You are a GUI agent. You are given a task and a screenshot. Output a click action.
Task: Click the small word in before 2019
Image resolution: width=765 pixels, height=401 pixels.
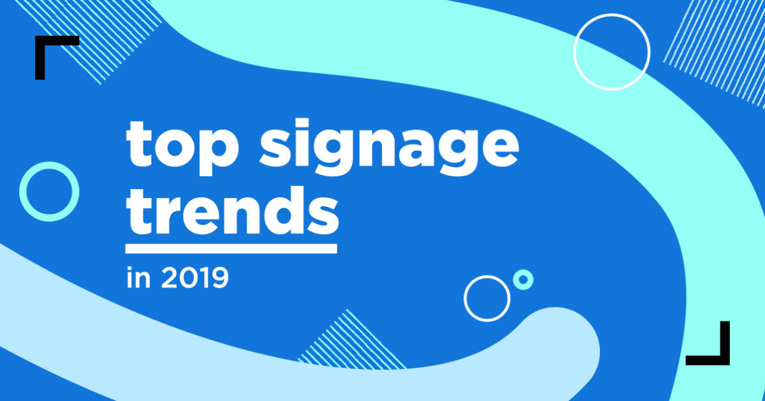[136, 279]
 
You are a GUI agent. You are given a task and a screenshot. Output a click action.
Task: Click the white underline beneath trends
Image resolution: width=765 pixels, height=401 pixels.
[231, 248]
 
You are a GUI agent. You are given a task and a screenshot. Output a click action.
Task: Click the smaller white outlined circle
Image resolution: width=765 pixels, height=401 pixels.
[487, 297]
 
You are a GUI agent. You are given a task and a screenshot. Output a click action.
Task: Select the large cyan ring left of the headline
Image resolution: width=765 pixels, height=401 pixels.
[49, 192]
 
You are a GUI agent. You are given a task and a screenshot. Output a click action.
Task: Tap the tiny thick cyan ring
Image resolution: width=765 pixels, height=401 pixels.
[523, 279]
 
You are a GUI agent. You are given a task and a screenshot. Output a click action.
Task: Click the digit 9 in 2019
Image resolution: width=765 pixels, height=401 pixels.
[217, 279]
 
